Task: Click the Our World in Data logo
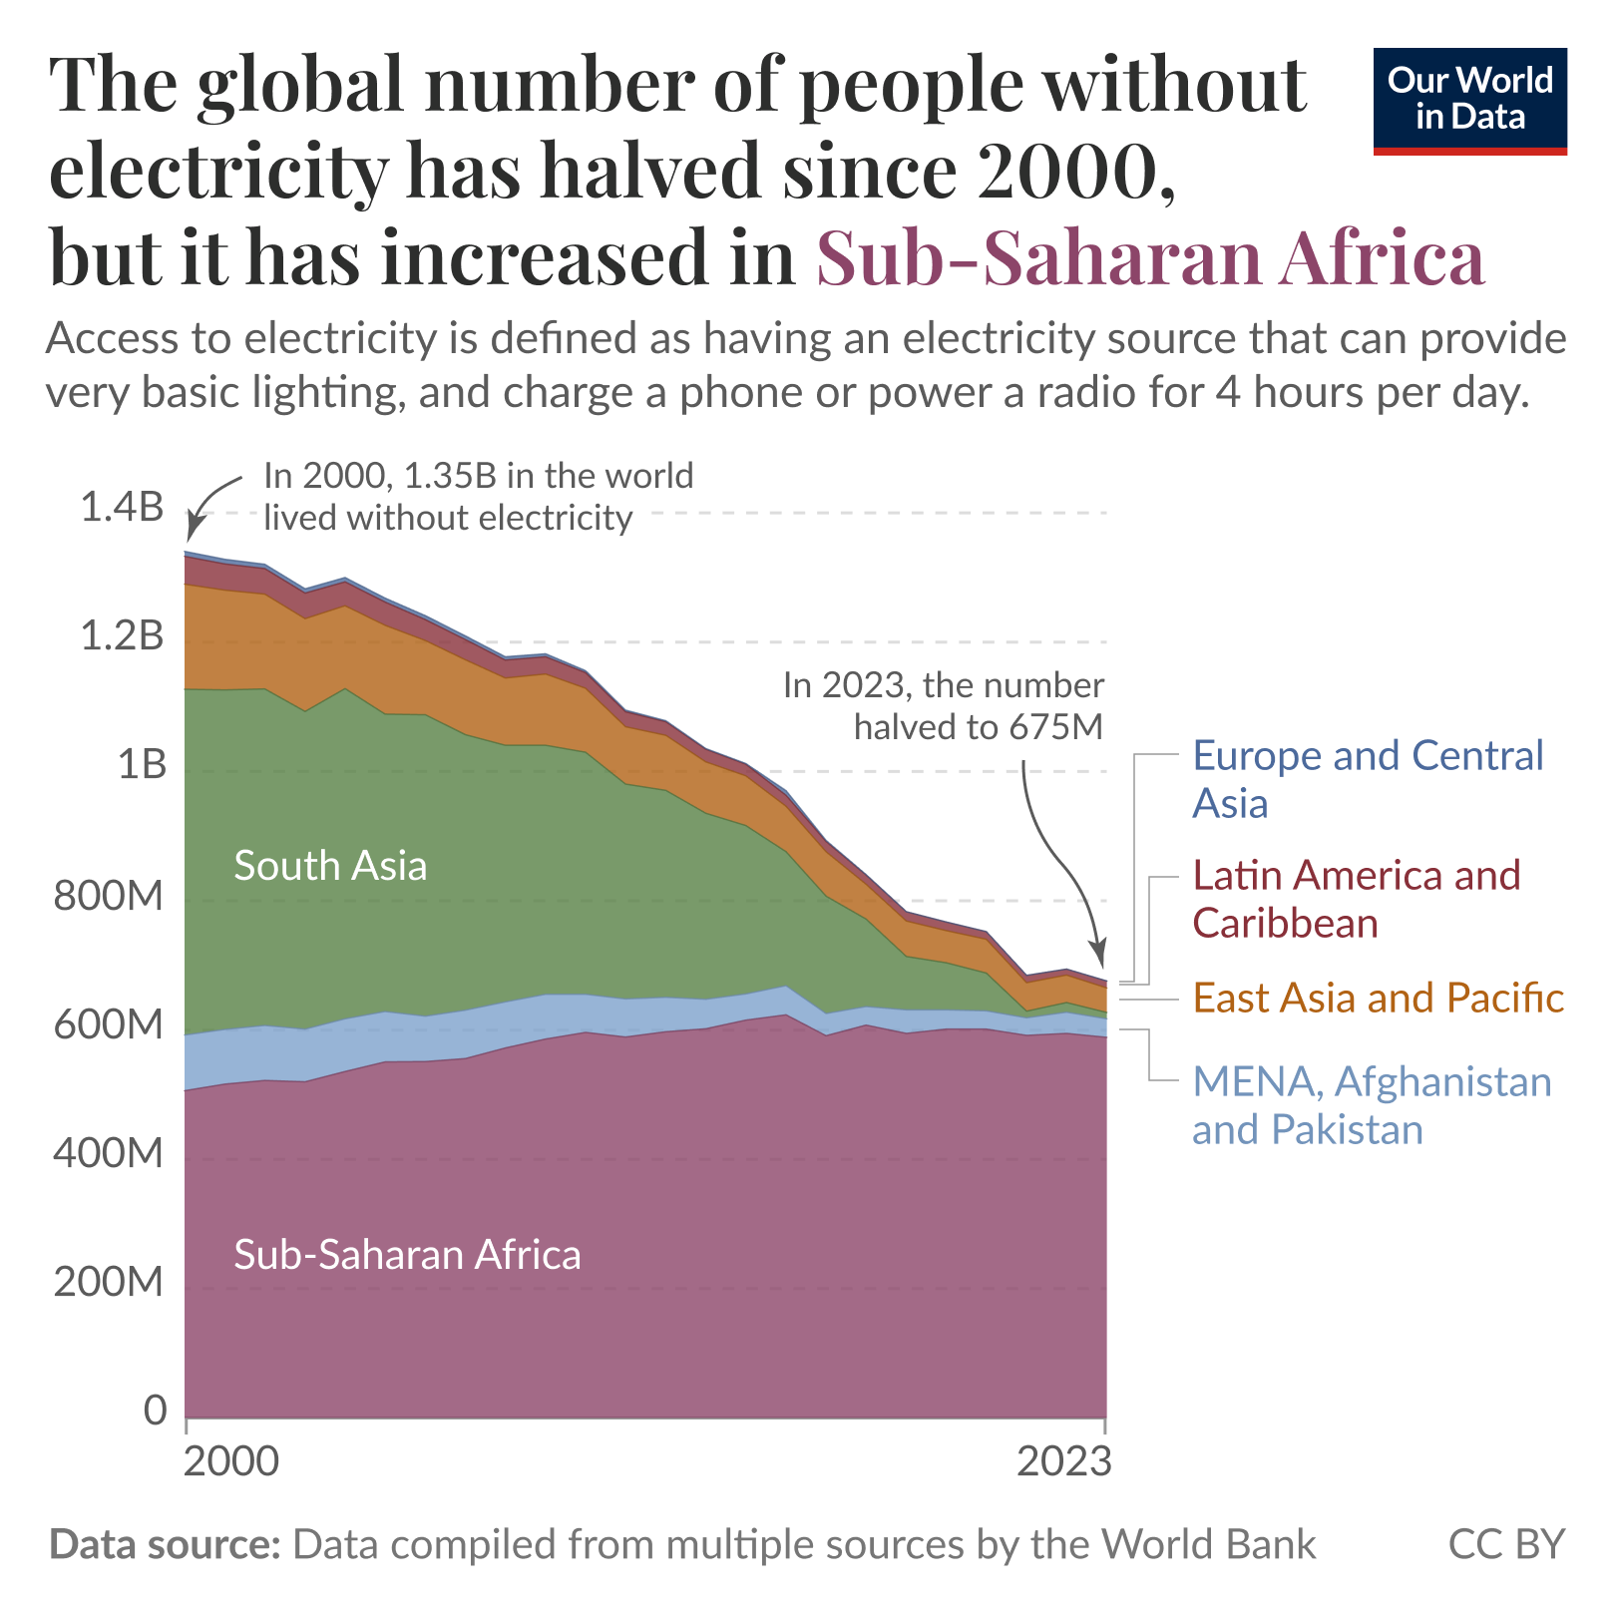(x=1469, y=100)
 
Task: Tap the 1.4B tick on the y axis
(x=122, y=508)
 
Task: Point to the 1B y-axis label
(x=142, y=765)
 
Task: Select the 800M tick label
(x=108, y=896)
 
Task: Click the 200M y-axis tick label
(x=108, y=1282)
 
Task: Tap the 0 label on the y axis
(x=155, y=1411)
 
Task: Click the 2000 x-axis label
(x=232, y=1461)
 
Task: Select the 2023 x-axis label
(x=1063, y=1461)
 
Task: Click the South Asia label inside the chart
(x=330, y=866)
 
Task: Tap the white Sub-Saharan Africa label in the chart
(x=407, y=1255)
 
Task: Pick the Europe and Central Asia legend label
(x=1367, y=779)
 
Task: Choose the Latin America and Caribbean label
(x=1356, y=899)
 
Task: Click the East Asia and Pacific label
(x=1378, y=998)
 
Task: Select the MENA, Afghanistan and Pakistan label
(x=1372, y=1105)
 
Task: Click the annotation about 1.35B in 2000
(x=478, y=497)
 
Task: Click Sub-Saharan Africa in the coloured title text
(x=1150, y=257)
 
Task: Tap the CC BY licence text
(x=1506, y=1544)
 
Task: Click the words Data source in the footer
(x=165, y=1544)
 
